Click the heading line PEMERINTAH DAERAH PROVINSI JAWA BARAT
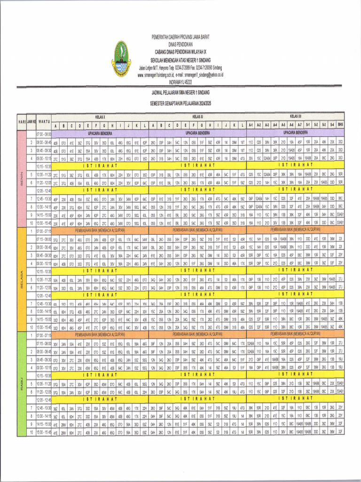(x=181, y=37)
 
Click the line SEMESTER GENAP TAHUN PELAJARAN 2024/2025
(x=181, y=103)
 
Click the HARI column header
(x=22, y=122)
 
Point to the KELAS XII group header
(x=295, y=116)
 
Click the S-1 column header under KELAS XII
(x=307, y=126)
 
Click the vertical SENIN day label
(x=21, y=178)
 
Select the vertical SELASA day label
(x=21, y=279)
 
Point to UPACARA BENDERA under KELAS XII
(x=295, y=134)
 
